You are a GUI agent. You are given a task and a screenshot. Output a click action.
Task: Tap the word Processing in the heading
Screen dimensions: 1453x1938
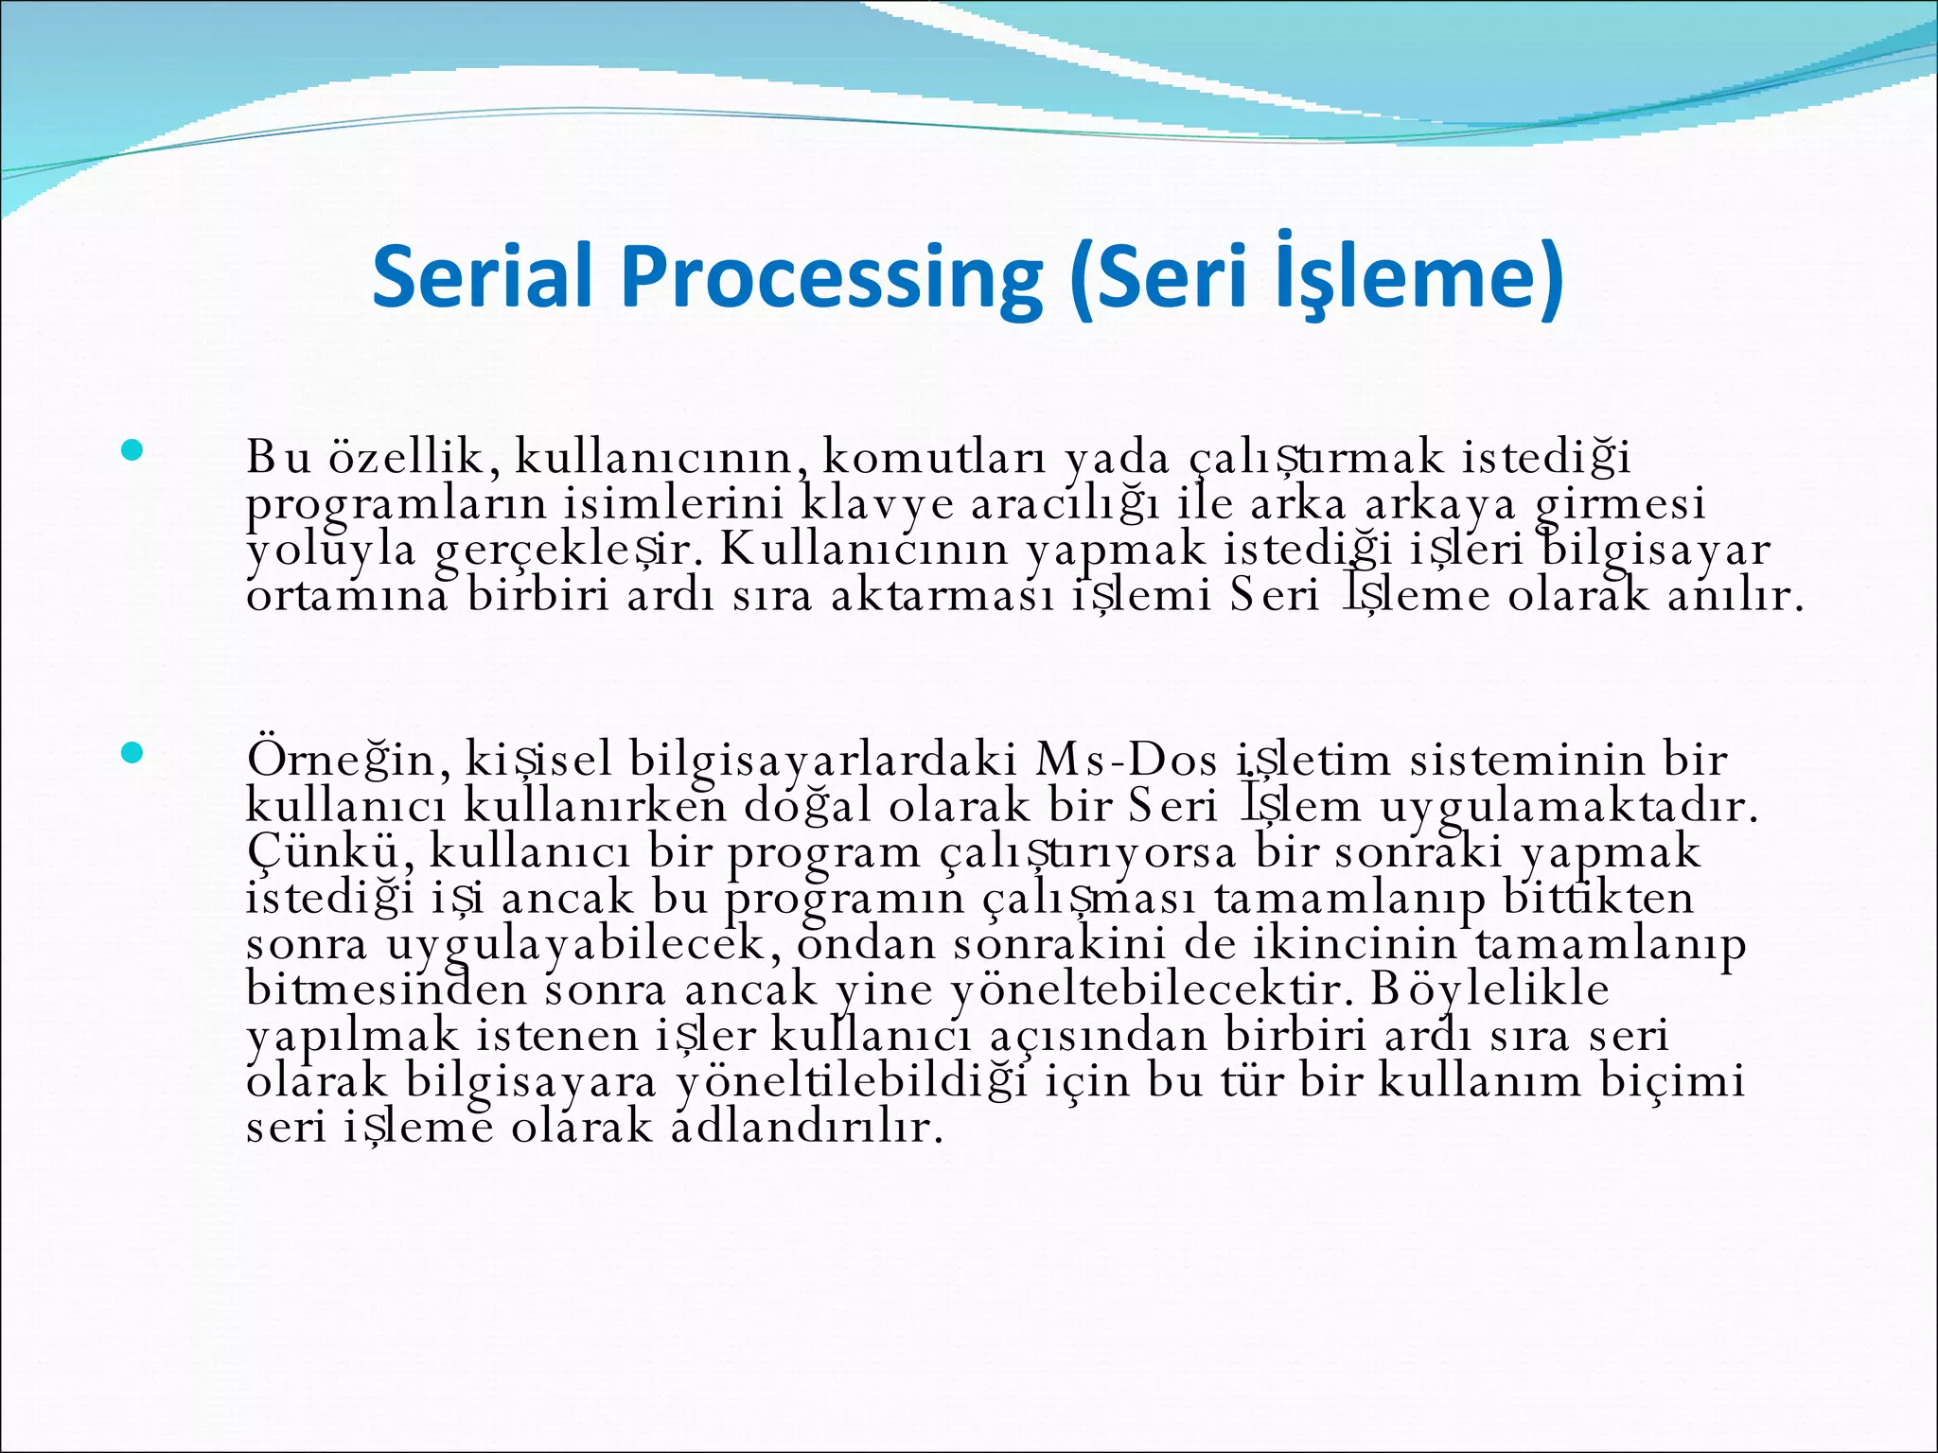pyautogui.click(x=831, y=277)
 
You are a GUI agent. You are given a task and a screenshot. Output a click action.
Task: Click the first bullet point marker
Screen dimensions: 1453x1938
pyautogui.click(x=132, y=450)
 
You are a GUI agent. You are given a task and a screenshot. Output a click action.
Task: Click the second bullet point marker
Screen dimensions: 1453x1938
pyautogui.click(x=132, y=753)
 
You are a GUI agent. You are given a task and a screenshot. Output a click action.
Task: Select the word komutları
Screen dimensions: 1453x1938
pyautogui.click(x=935, y=458)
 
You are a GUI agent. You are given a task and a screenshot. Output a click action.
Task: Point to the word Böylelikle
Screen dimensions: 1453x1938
pyautogui.click(x=1490, y=990)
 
